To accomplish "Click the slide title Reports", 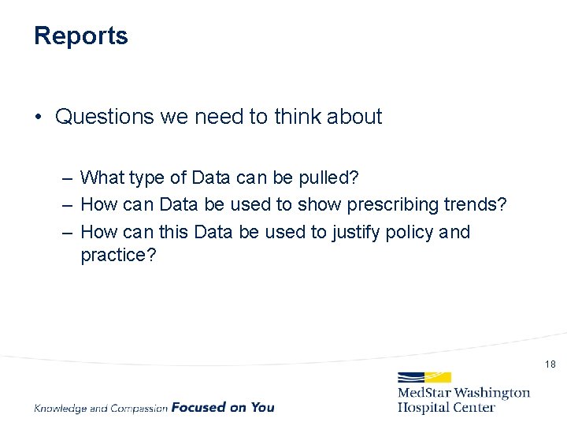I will tap(80, 36).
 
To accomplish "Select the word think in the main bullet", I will tap(298, 117).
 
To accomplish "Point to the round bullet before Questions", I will tap(38, 118).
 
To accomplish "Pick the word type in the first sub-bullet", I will tap(147, 177).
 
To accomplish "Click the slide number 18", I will tap(550, 364).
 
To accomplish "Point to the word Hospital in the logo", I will tap(426, 407).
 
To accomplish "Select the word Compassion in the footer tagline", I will tap(139, 408).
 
